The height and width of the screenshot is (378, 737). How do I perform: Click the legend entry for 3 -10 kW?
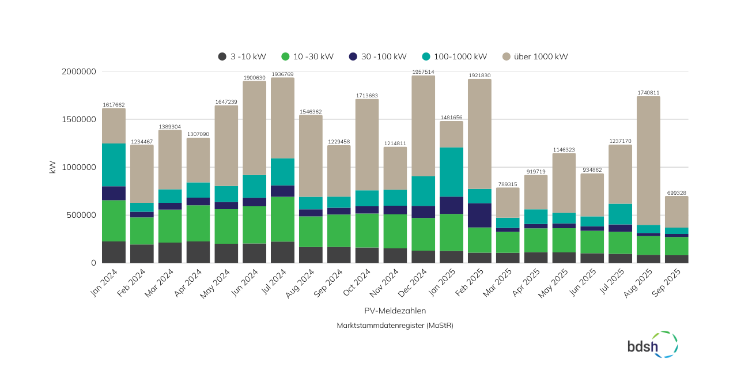pyautogui.click(x=242, y=56)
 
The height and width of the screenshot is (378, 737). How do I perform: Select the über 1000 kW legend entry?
pyautogui.click(x=535, y=56)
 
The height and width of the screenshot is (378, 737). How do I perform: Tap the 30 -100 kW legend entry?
pyautogui.click(x=377, y=56)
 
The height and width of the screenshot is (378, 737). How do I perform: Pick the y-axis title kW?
pyautogui.click(x=52, y=167)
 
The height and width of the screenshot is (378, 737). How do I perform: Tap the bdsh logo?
pyautogui.click(x=652, y=344)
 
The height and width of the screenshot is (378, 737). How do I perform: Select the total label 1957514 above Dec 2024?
pyautogui.click(x=423, y=72)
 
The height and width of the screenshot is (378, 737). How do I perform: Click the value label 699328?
pyautogui.click(x=676, y=193)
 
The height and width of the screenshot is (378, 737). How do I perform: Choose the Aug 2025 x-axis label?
pyautogui.click(x=642, y=284)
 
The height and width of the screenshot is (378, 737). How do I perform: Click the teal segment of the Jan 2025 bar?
pyautogui.click(x=451, y=172)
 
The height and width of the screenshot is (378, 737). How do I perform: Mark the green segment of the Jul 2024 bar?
pyautogui.click(x=282, y=219)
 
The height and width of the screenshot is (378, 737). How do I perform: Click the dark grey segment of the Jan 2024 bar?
pyautogui.click(x=114, y=252)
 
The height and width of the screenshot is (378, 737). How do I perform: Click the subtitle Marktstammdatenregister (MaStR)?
pyautogui.click(x=395, y=326)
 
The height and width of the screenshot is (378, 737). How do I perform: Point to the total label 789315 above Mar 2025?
pyautogui.click(x=508, y=184)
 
